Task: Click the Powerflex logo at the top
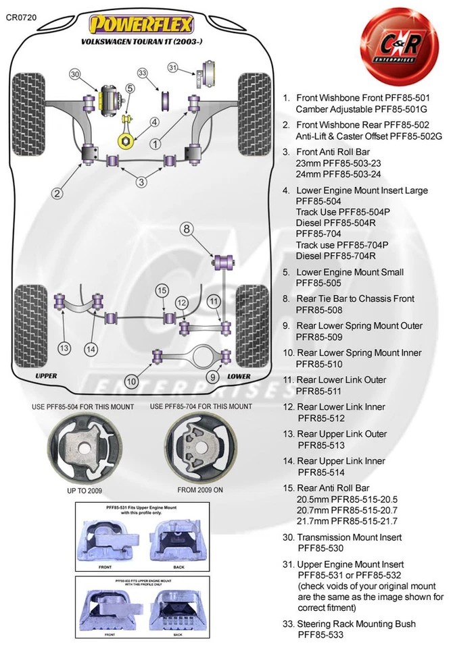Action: (x=143, y=25)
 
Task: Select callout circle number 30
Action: (x=75, y=74)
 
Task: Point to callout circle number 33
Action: (x=143, y=73)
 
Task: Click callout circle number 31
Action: (x=173, y=67)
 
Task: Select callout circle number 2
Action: (x=58, y=194)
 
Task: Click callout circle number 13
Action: (x=64, y=348)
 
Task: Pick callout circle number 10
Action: (x=132, y=381)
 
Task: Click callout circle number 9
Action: (x=213, y=377)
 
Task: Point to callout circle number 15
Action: (x=161, y=290)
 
